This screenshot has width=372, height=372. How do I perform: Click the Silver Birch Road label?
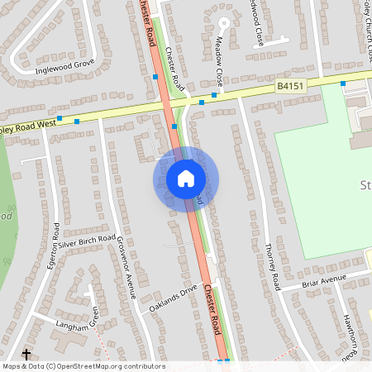tap(87, 240)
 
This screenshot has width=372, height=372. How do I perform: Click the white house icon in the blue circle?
tap(185, 179)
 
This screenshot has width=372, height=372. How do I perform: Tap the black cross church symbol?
tap(26, 353)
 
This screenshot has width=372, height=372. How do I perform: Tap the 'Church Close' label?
tap(364, 25)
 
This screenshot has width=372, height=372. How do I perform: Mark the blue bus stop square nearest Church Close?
tap(343, 83)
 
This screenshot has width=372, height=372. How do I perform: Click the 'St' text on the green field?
tap(365, 183)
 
